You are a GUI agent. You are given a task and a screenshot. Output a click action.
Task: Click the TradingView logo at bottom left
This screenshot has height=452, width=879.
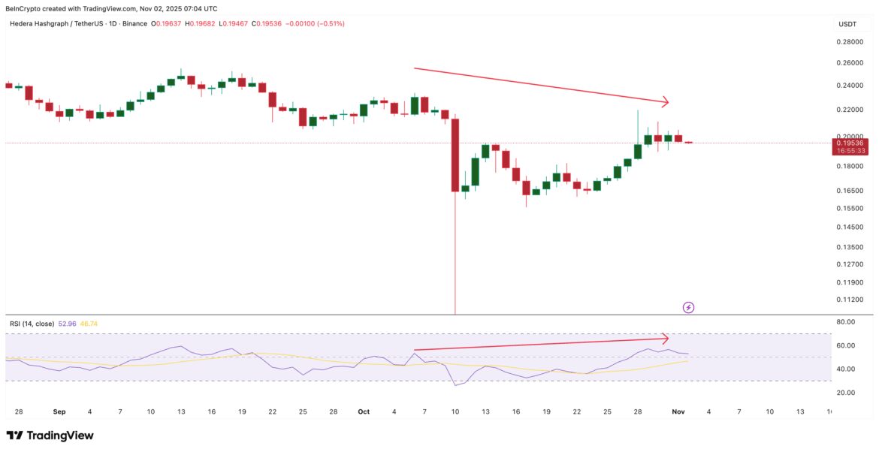50,435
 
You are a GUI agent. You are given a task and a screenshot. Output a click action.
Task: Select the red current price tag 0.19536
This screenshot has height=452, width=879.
852,143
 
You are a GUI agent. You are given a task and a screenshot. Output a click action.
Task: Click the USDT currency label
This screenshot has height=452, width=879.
847,24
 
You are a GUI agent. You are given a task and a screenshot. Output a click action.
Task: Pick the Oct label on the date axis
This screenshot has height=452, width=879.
364,411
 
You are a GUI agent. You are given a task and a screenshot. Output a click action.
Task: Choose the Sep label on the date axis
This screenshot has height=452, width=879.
59,411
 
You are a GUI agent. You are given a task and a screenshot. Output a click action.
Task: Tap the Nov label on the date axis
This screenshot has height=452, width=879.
678,411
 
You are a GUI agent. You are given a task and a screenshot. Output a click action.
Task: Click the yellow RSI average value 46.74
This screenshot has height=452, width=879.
89,324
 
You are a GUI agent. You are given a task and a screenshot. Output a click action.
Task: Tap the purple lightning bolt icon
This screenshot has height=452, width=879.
688,307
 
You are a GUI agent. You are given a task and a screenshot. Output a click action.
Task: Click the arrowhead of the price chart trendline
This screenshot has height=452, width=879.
665,101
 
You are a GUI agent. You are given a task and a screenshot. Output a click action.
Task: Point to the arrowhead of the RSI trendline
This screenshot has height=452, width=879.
664,338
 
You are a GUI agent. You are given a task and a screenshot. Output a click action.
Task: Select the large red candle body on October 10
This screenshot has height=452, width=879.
455,154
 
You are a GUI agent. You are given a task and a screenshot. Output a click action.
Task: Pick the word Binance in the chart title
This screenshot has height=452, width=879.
134,24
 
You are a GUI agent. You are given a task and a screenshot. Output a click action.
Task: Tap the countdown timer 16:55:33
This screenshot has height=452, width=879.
852,151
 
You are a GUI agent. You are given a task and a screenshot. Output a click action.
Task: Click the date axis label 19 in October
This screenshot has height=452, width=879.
548,411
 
